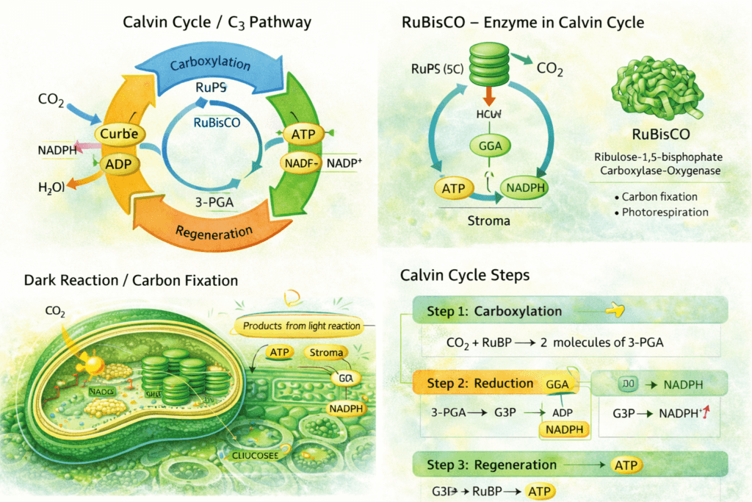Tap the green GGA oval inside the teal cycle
click(489, 146)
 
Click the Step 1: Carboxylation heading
click(494, 311)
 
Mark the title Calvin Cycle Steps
click(465, 276)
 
